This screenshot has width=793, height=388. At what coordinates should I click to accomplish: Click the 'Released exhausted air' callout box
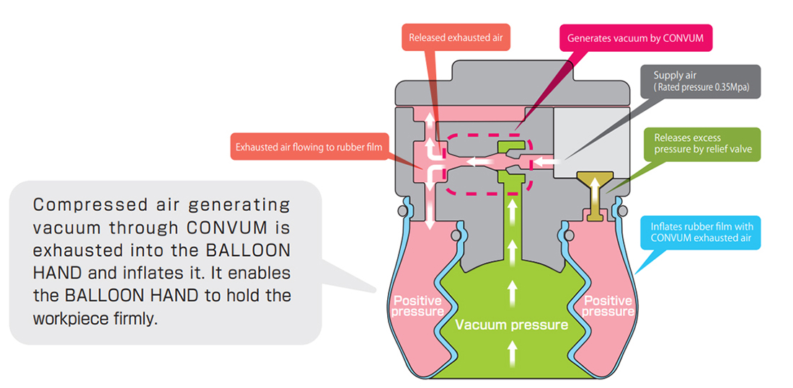[x=455, y=37]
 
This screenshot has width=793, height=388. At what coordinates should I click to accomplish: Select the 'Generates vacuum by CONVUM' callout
[x=635, y=37]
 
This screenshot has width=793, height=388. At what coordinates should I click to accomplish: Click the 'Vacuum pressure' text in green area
[x=511, y=325]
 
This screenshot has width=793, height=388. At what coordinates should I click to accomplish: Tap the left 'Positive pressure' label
[x=418, y=306]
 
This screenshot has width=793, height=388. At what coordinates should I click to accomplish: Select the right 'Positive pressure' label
[x=607, y=306]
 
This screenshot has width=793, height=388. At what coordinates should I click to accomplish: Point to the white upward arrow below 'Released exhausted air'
[x=430, y=121]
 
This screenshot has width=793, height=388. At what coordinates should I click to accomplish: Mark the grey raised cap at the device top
[x=513, y=73]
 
